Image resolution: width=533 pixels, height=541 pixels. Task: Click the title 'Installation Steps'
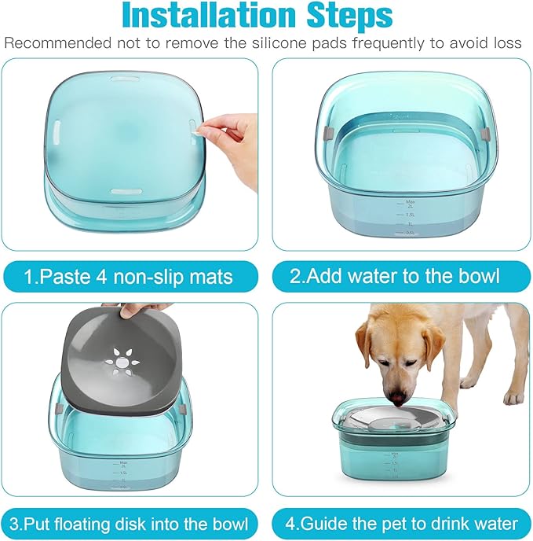point(267,15)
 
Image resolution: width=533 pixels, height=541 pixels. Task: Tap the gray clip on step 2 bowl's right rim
point(487,127)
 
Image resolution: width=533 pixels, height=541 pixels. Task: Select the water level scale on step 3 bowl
point(122,476)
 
